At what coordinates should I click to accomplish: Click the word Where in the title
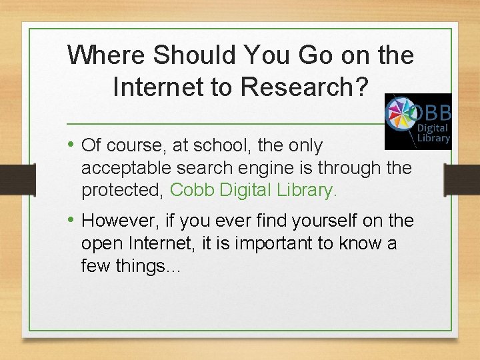107,55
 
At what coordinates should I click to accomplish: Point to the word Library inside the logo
434,139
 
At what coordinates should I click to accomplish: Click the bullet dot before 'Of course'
71,145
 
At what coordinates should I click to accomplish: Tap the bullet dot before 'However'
71,220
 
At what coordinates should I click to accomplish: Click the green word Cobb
193,190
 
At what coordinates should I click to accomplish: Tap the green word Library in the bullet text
307,190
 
